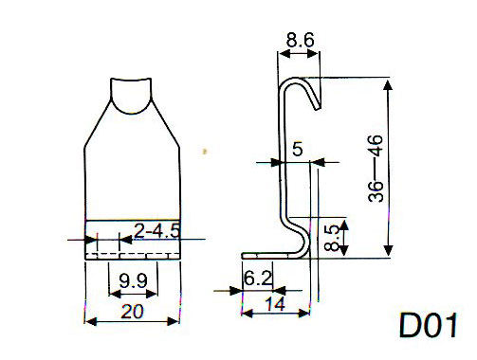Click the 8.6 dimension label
pyautogui.click(x=300, y=41)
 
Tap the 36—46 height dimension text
pyautogui.click(x=376, y=169)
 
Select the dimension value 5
pyautogui.click(x=298, y=149)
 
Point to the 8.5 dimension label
pyautogui.click(x=333, y=238)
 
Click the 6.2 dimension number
pyautogui.click(x=258, y=279)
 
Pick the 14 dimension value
pyautogui.click(x=275, y=304)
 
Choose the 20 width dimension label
pyautogui.click(x=132, y=312)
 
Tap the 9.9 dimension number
pyautogui.click(x=133, y=280)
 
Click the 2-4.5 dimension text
pyautogui.click(x=156, y=230)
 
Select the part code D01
pyautogui.click(x=429, y=325)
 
